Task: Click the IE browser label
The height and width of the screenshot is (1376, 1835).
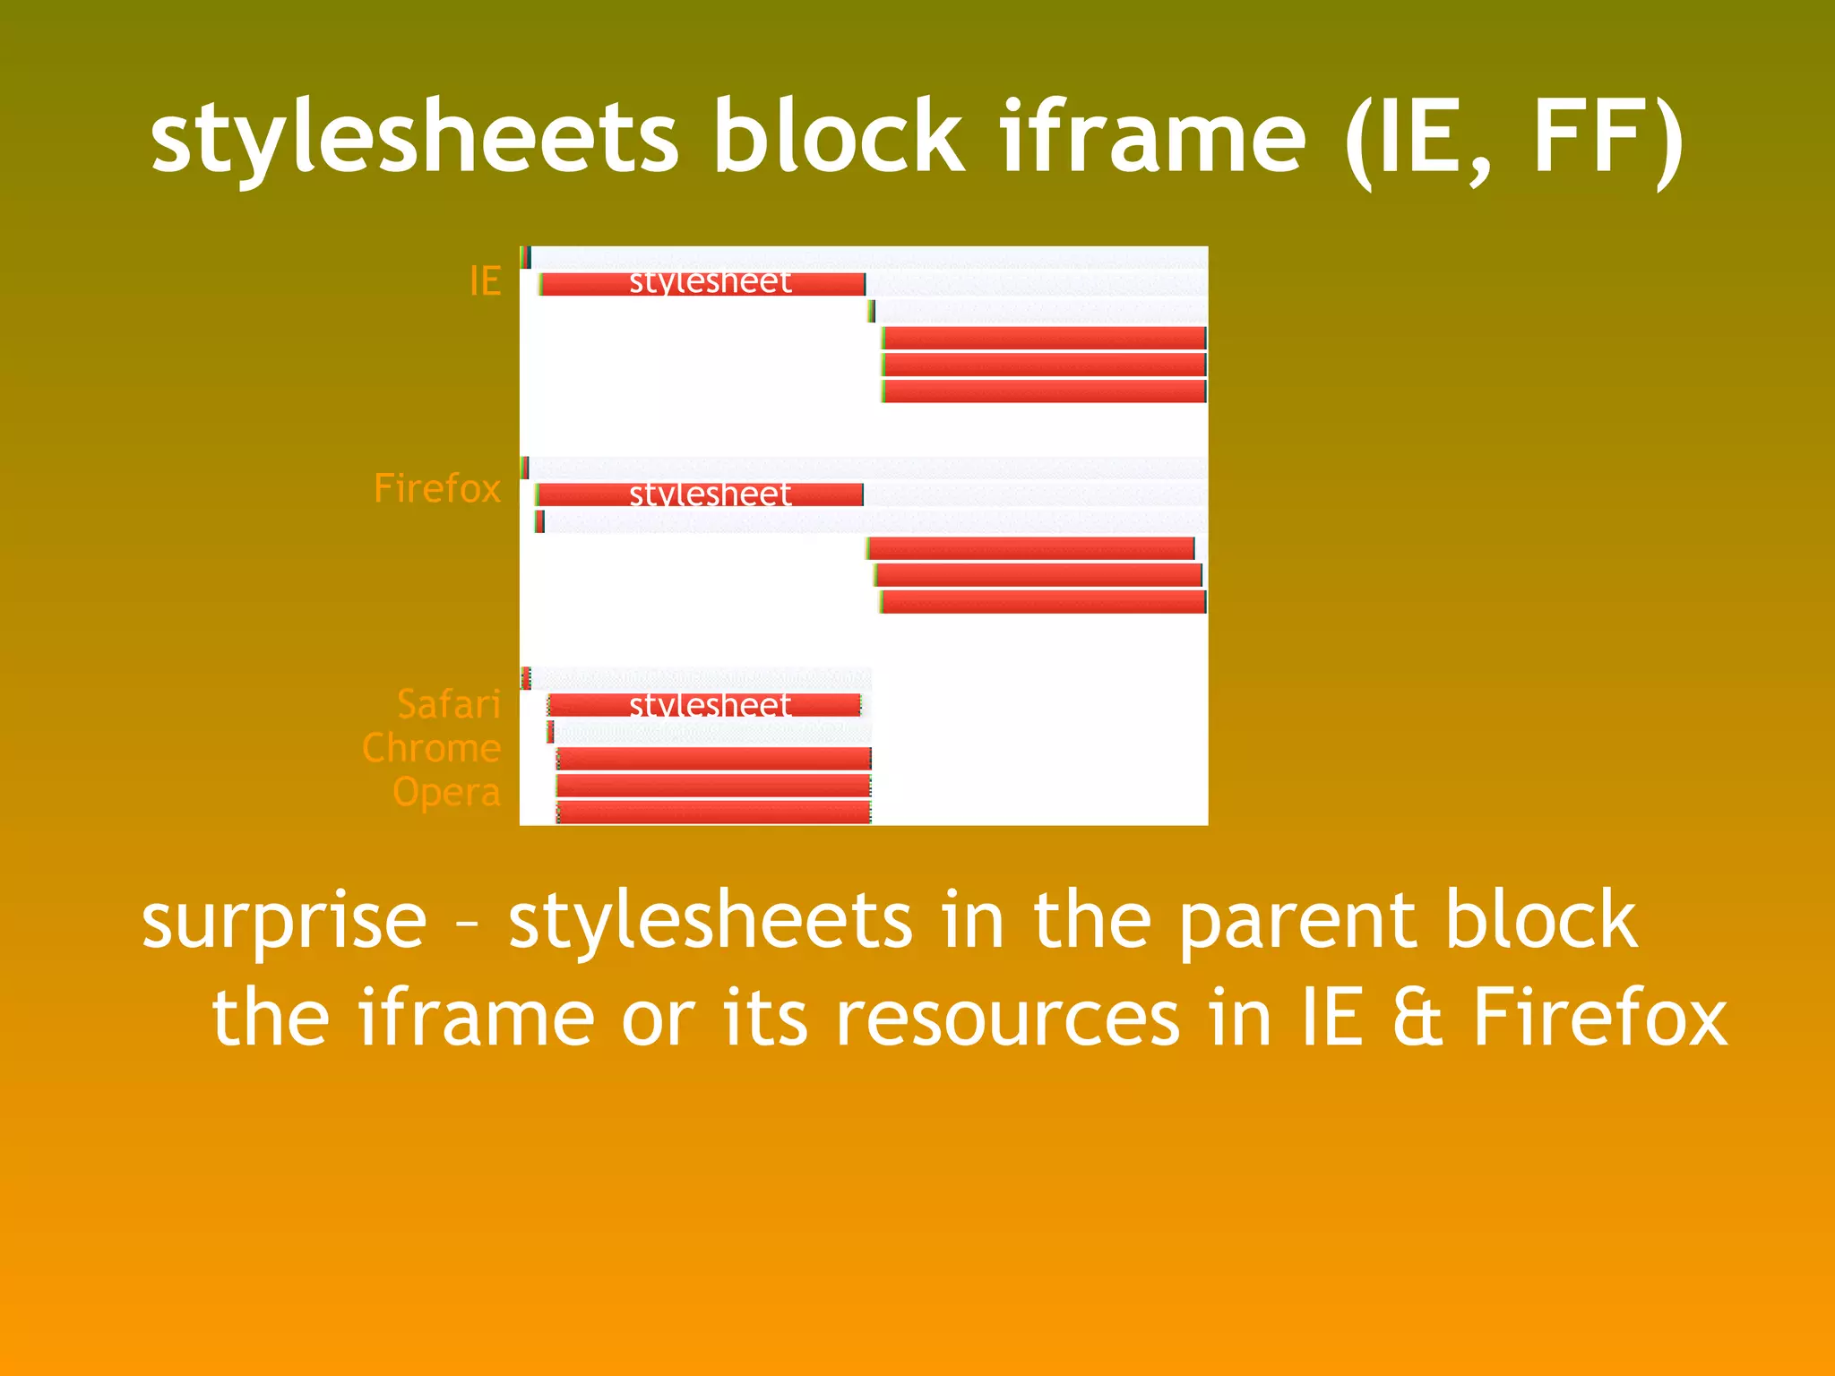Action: click(485, 281)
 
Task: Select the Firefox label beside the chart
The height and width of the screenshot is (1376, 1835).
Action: click(436, 489)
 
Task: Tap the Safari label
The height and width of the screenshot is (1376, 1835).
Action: click(448, 705)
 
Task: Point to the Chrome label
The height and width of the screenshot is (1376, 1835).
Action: click(431, 748)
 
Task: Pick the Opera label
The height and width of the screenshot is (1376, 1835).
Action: click(446, 793)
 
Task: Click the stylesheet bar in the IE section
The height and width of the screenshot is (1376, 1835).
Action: click(703, 284)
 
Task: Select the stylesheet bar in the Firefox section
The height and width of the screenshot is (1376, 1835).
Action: click(700, 494)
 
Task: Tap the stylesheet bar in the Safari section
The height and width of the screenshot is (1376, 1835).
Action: click(704, 705)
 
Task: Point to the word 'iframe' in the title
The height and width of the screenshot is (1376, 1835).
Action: click(1152, 139)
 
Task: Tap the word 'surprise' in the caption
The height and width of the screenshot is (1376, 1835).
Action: click(284, 923)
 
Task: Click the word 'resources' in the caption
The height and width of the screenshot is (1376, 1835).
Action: click(1007, 1019)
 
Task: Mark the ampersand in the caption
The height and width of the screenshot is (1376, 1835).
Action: click(1417, 1018)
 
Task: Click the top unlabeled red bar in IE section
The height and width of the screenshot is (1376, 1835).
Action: click(1044, 338)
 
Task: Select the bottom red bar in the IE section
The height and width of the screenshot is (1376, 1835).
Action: click(1044, 391)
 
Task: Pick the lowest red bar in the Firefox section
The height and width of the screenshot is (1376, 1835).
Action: click(1043, 602)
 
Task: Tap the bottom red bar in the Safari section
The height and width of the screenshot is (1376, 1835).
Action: click(713, 813)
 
